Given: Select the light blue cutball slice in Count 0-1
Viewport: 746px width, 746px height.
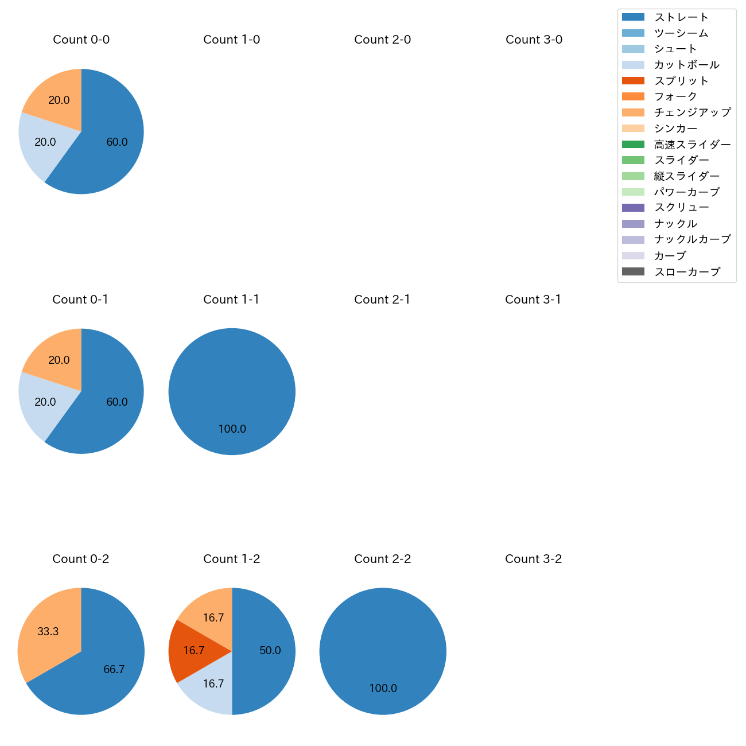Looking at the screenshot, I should [x=45, y=402].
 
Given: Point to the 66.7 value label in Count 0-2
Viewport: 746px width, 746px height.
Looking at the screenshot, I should [x=114, y=669].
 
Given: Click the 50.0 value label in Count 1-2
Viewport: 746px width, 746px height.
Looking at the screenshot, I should [x=270, y=651].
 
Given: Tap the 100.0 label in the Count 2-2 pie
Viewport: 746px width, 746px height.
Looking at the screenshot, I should [x=383, y=689].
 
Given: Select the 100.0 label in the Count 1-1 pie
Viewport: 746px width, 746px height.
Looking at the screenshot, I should [x=232, y=429].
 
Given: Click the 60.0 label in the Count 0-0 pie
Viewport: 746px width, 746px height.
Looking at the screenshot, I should [x=117, y=142].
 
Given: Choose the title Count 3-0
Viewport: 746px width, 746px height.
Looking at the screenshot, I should [x=534, y=40].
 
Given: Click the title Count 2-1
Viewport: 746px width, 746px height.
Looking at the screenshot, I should [x=382, y=300].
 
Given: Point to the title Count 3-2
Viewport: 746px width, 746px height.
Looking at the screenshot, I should [x=533, y=559].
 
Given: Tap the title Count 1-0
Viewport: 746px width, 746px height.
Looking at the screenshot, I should [x=231, y=40].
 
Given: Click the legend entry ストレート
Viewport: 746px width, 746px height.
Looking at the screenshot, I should [x=681, y=17].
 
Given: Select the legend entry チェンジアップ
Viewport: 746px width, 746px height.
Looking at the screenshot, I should [x=692, y=112].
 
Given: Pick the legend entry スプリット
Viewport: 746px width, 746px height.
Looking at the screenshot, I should [x=681, y=81].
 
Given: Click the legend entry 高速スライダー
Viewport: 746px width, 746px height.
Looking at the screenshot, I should [x=692, y=145].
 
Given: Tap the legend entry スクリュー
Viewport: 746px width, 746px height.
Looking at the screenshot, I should [x=681, y=208].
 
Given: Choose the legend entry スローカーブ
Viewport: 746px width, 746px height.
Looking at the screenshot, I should [x=687, y=272].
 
